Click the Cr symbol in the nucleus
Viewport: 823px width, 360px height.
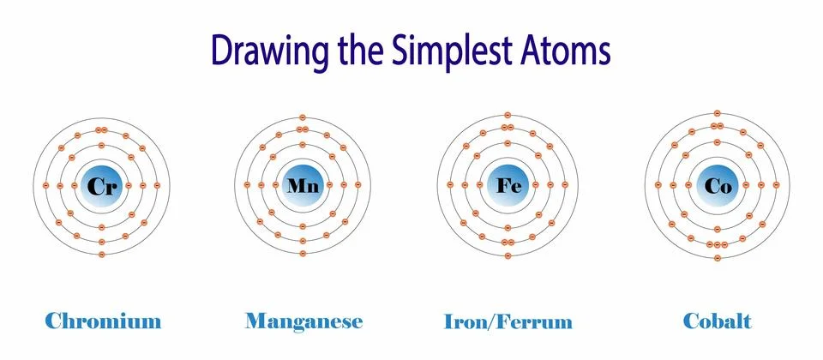tap(102, 185)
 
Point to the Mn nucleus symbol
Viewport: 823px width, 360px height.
tap(303, 185)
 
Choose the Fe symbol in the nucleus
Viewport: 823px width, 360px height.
tap(508, 185)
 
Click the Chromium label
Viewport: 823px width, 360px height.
tap(102, 322)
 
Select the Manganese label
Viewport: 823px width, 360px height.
tap(303, 322)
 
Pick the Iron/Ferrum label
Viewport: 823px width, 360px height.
tap(508, 322)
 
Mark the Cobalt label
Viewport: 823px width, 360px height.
tap(717, 322)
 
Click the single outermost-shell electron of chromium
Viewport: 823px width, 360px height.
tap(102, 255)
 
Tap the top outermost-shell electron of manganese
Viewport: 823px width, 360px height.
tap(303, 116)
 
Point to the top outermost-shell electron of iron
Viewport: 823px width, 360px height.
tap(508, 114)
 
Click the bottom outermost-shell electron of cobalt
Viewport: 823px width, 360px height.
tap(717, 257)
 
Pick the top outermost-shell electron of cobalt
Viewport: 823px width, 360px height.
tap(717, 113)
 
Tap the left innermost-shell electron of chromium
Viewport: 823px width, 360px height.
tap(75, 185)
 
